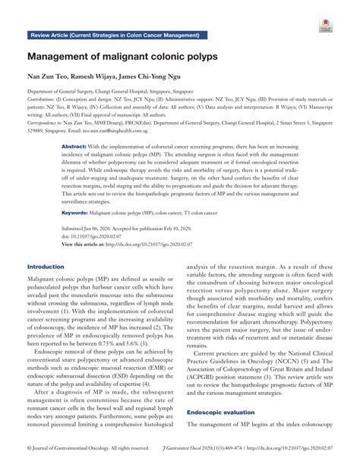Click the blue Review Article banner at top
(x=114, y=36)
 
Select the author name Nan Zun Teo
(x=50, y=77)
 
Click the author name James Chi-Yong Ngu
(x=157, y=77)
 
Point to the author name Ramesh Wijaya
(x=100, y=77)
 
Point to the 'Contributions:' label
(x=43, y=100)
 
